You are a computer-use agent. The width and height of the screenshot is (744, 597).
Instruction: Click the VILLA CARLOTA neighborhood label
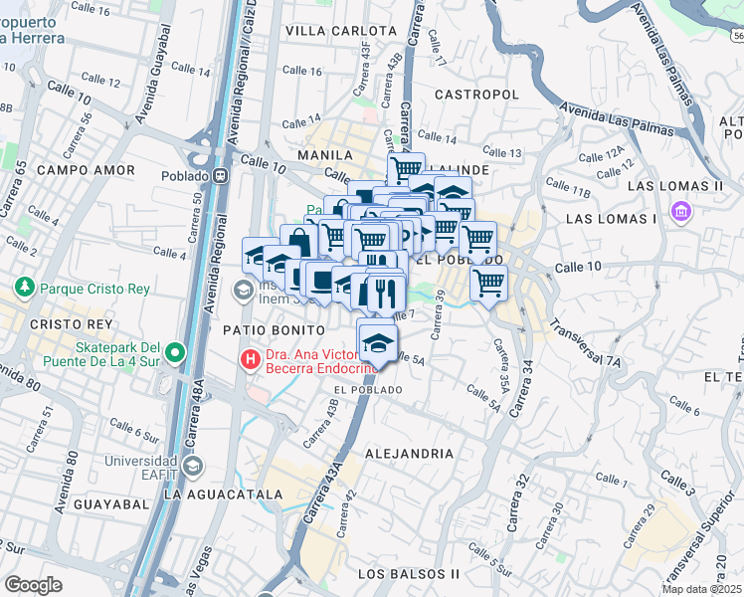(x=330, y=31)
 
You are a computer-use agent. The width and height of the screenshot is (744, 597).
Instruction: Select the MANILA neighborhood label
(x=331, y=155)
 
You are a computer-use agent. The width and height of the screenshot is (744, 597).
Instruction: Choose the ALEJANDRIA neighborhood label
(x=410, y=453)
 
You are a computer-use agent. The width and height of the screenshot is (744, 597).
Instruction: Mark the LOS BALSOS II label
(x=408, y=574)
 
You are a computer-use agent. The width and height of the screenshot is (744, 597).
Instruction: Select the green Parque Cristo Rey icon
(x=25, y=289)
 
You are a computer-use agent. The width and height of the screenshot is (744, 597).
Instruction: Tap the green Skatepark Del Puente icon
(x=176, y=351)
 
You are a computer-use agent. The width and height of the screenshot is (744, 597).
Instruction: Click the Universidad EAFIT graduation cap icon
(x=192, y=466)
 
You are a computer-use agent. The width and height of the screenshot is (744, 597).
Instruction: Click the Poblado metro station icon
(x=220, y=176)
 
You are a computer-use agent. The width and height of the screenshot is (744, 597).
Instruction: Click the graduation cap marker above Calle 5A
(x=377, y=340)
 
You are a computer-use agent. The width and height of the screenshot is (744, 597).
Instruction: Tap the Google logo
(x=33, y=585)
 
